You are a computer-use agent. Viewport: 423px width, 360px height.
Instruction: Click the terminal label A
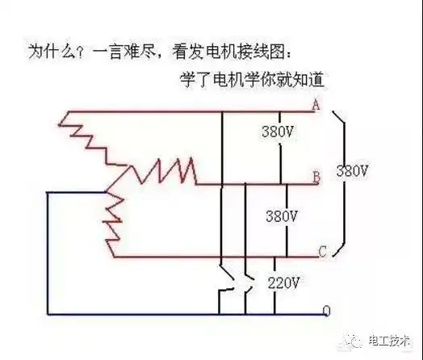(315, 104)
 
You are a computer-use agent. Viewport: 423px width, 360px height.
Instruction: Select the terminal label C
(321, 252)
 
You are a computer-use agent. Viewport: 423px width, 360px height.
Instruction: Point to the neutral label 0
(325, 310)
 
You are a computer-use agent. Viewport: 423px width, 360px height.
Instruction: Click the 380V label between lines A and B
(278, 132)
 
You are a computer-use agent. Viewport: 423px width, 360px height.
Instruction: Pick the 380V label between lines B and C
(282, 216)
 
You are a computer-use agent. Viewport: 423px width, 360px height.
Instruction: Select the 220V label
(283, 283)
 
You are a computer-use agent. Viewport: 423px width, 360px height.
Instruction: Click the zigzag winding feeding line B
(161, 170)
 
